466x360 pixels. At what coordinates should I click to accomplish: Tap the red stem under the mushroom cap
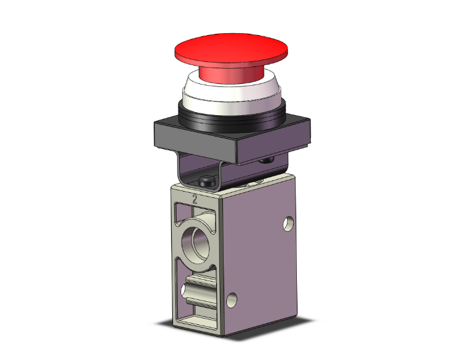231,75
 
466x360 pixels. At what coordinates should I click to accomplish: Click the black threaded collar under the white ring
232,119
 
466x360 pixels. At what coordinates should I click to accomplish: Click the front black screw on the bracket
208,181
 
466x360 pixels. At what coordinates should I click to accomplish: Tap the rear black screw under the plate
267,160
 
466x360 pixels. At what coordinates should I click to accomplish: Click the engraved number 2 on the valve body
195,198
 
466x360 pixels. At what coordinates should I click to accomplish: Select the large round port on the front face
196,243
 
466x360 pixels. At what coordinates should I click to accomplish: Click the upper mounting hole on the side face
288,224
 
